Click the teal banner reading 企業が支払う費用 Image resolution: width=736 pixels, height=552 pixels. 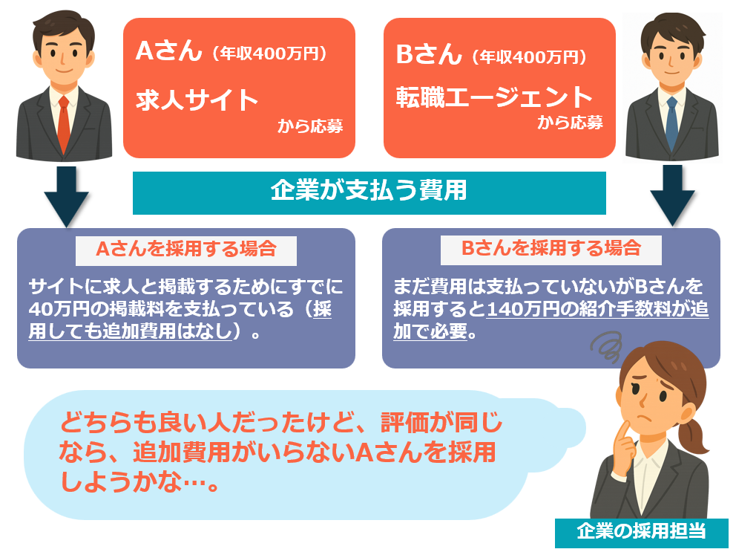click(x=369, y=192)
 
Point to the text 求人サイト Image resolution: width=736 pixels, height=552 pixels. click(x=197, y=100)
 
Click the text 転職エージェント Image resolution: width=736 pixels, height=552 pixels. click(x=494, y=97)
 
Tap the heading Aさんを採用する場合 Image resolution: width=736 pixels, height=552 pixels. click(x=186, y=249)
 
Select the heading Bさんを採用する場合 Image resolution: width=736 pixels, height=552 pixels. click(x=551, y=248)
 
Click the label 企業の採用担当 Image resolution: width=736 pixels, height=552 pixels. click(x=641, y=531)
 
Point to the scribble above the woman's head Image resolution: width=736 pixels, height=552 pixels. click(x=607, y=346)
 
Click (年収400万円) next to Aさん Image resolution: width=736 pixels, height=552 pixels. click(x=269, y=53)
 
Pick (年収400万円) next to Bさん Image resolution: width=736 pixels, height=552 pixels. click(x=529, y=57)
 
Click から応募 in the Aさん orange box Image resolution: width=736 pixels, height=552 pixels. click(x=310, y=126)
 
